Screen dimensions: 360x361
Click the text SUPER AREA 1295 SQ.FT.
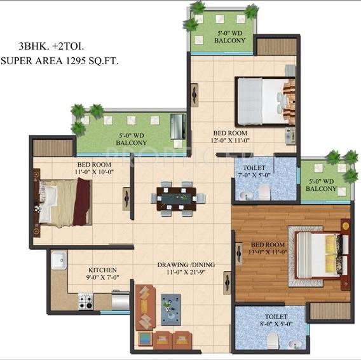[60, 60]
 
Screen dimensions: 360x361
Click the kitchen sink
[60, 260]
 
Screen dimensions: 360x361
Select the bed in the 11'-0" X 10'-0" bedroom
[64, 202]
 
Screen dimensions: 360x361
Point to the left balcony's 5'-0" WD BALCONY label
[131, 139]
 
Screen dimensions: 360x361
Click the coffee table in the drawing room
[170, 309]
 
